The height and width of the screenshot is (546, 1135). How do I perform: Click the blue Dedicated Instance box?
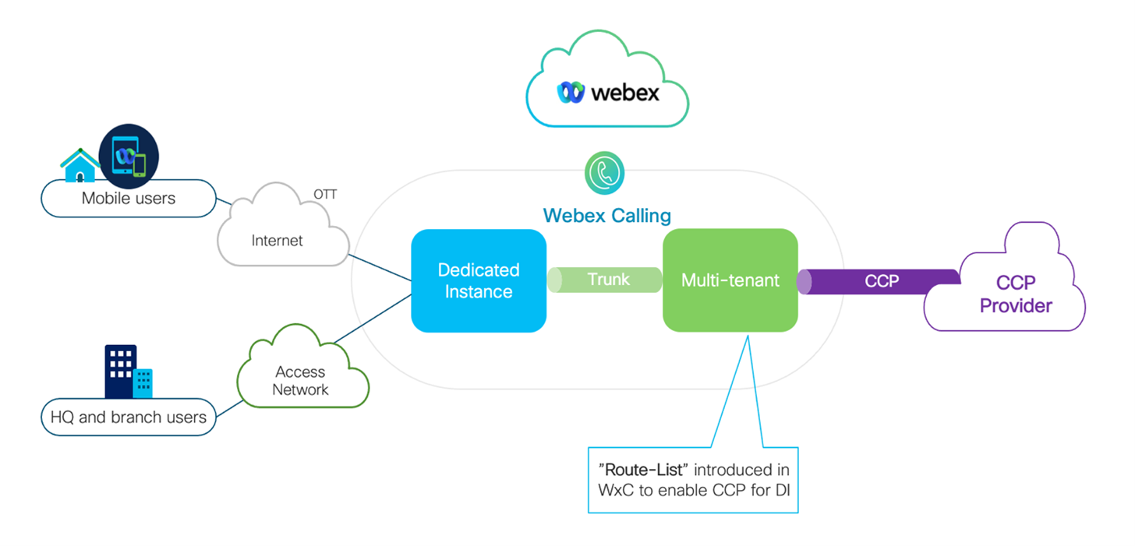coord(479,280)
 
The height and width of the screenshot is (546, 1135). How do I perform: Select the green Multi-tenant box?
coord(730,280)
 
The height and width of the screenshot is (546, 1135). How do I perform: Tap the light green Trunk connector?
coord(604,280)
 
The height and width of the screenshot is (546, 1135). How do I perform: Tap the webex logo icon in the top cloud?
coord(571,93)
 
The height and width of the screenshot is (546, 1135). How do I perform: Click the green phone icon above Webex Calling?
coord(604,173)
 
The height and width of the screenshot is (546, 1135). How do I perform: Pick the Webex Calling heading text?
coord(607,216)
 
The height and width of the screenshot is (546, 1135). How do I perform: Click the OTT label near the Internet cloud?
coord(325,195)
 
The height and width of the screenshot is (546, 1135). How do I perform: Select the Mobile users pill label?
coord(129,198)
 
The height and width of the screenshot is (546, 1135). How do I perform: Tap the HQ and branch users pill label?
coord(129,417)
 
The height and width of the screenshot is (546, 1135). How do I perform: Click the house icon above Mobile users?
coord(80,165)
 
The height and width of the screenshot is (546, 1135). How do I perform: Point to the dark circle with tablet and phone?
coord(129,157)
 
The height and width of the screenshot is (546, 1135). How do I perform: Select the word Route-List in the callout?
coord(644,470)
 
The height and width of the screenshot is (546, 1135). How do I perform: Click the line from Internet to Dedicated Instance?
coord(380,267)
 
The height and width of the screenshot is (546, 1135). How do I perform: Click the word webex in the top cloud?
coord(625,93)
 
